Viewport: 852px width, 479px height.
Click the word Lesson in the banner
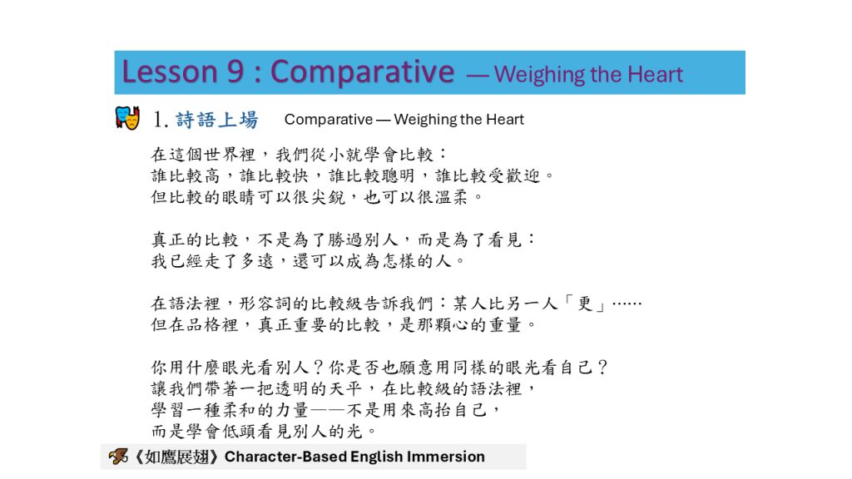click(x=170, y=72)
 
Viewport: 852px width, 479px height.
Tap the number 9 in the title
click(x=235, y=72)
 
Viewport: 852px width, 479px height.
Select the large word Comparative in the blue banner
click(x=362, y=72)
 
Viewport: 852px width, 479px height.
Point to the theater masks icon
click(x=127, y=117)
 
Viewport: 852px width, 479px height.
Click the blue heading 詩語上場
click(x=217, y=120)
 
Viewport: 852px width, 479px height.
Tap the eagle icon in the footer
click(x=118, y=457)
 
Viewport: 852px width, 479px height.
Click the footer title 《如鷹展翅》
click(x=176, y=457)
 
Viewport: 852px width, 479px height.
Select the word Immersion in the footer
click(x=446, y=457)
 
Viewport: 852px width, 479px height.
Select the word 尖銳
click(x=328, y=197)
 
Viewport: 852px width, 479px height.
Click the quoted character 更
click(x=585, y=304)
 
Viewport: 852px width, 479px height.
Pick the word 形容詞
click(x=265, y=304)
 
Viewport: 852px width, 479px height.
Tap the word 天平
click(x=345, y=389)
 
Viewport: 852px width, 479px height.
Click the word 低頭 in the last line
click(x=239, y=432)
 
